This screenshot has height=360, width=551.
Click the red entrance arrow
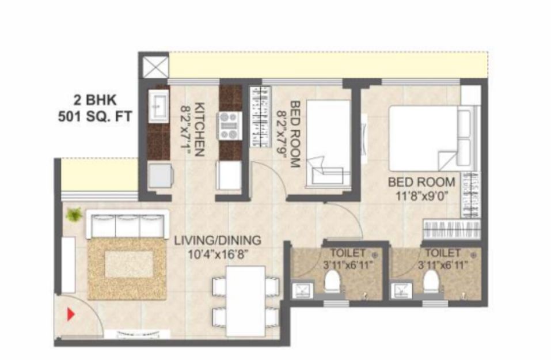pyautogui.click(x=71, y=314)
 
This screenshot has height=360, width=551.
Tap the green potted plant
pyautogui.click(x=74, y=214)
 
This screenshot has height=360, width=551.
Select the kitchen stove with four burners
pyautogui.click(x=228, y=126)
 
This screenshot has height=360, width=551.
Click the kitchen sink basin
pyautogui.click(x=158, y=105)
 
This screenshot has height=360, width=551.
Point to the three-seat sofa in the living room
pyautogui.click(x=128, y=223)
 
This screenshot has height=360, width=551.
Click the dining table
pyautogui.click(x=246, y=301)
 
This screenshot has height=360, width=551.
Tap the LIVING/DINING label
pyautogui.click(x=218, y=240)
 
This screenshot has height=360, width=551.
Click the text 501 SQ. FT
pyautogui.click(x=95, y=116)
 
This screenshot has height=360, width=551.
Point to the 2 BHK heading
pyautogui.click(x=95, y=100)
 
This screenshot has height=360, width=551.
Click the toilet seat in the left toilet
pyautogui.click(x=332, y=281)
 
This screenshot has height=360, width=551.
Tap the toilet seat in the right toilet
pyautogui.click(x=431, y=281)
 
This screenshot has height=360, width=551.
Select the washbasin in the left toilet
pyautogui.click(x=302, y=290)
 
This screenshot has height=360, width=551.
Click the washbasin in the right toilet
pyautogui.click(x=401, y=290)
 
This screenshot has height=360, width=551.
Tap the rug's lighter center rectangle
pyautogui.click(x=130, y=264)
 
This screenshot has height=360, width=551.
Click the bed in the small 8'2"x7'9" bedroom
pyautogui.click(x=329, y=142)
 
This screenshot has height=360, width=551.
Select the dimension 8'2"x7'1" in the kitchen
pyautogui.click(x=185, y=128)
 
